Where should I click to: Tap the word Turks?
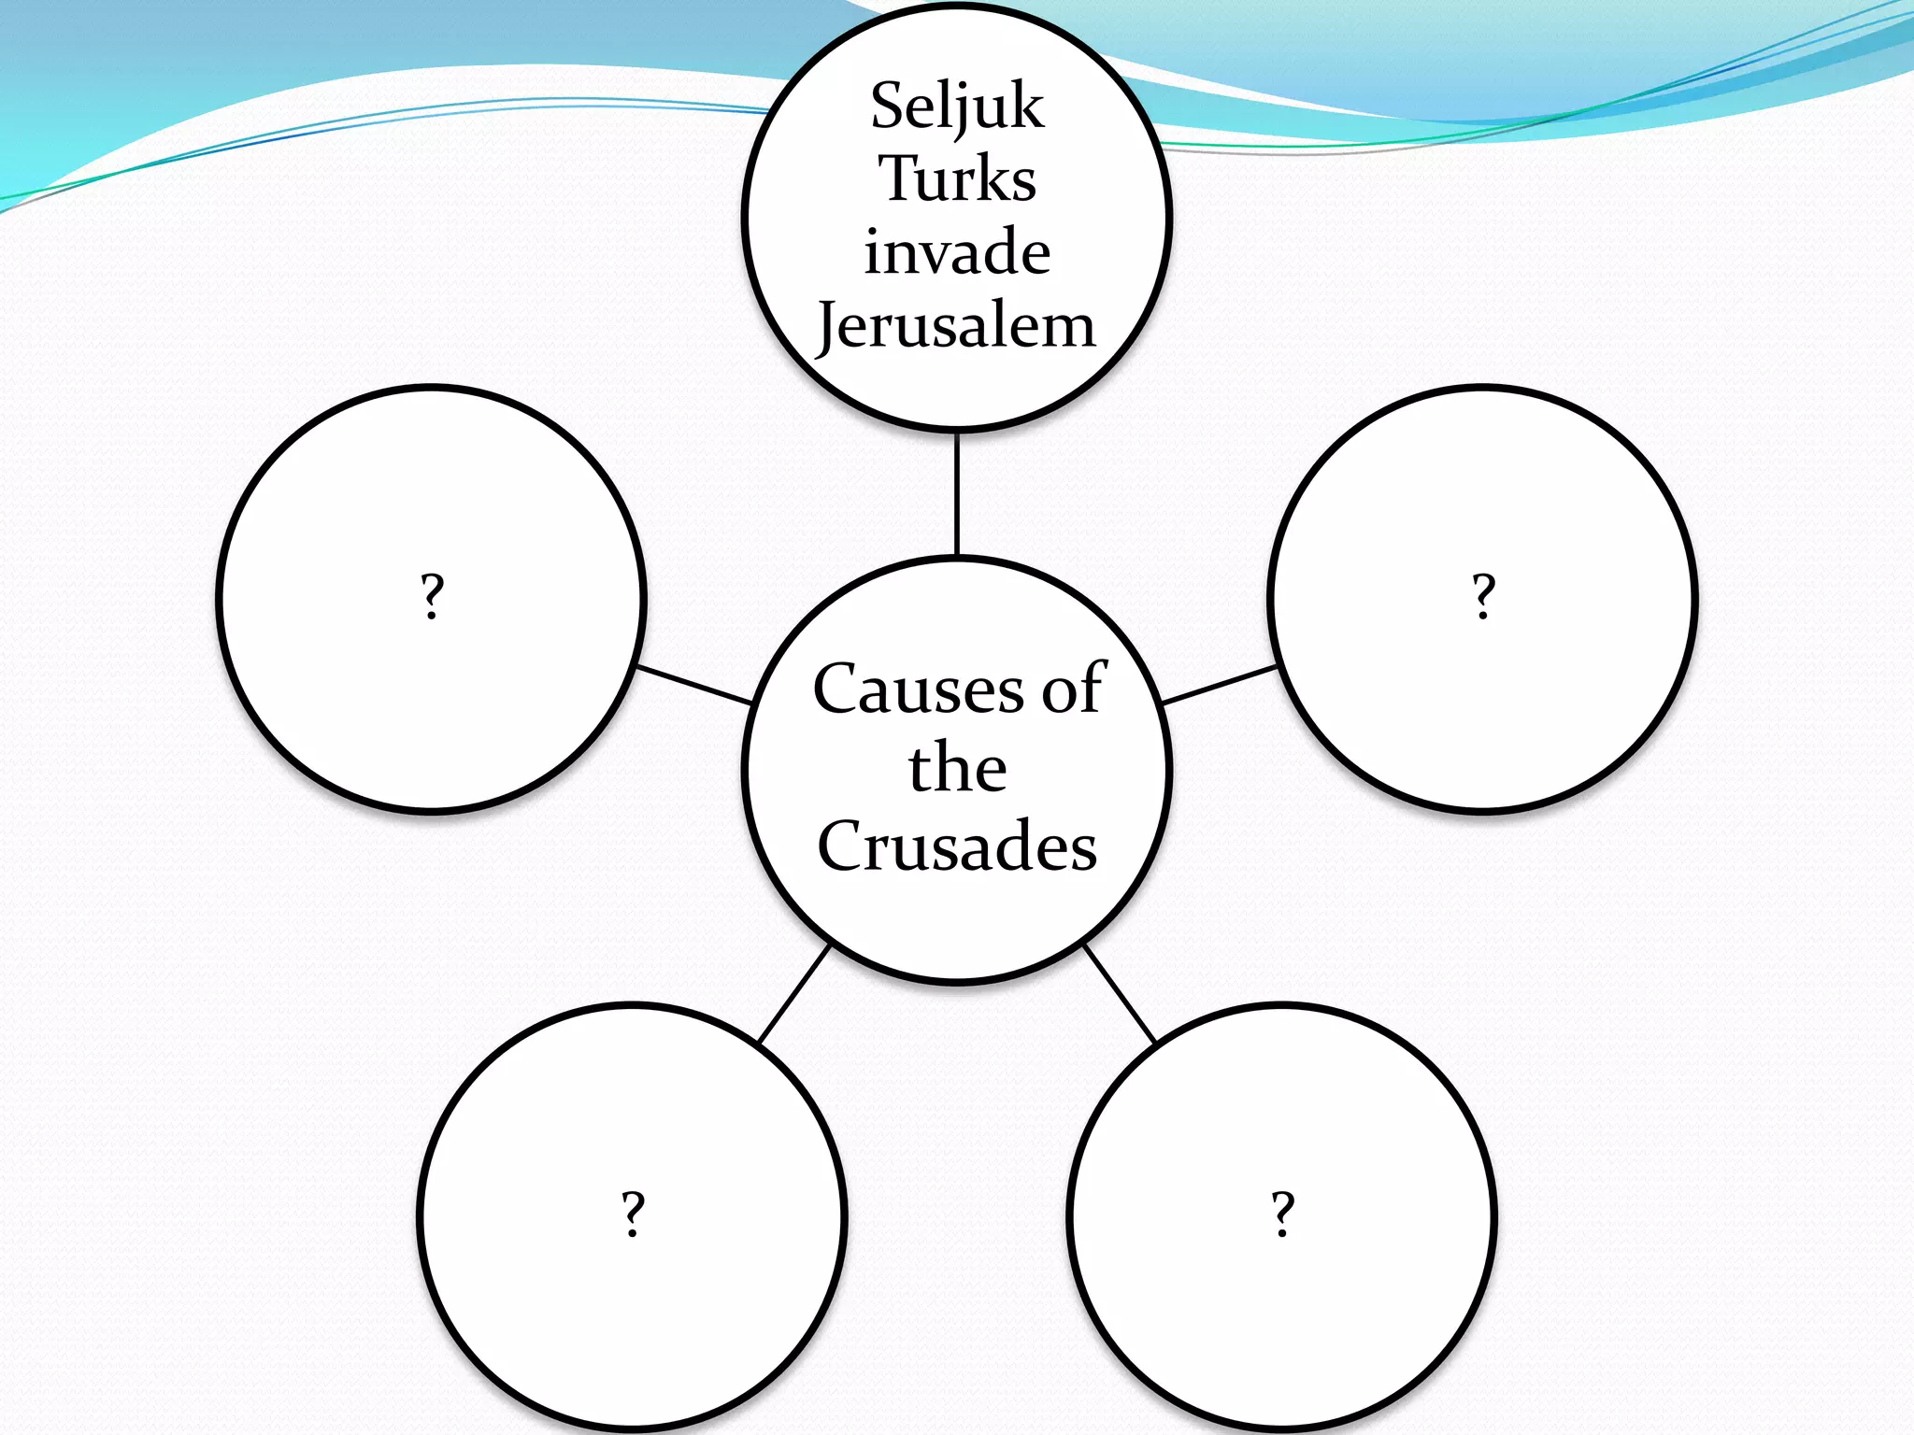(x=957, y=178)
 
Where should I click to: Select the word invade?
(x=957, y=252)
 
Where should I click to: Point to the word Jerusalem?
(x=957, y=326)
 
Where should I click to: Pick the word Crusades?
(x=957, y=845)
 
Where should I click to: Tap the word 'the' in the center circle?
(x=957, y=768)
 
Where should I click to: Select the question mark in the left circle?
(x=431, y=596)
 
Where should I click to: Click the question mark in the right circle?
(x=1483, y=596)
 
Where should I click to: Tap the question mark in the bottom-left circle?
(x=634, y=1214)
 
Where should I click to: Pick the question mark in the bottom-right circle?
(x=1283, y=1214)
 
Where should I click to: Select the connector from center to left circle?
(x=693, y=684)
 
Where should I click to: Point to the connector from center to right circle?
(x=1220, y=684)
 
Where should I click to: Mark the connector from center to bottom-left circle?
(x=793, y=993)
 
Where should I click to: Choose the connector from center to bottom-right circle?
(x=1120, y=993)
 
